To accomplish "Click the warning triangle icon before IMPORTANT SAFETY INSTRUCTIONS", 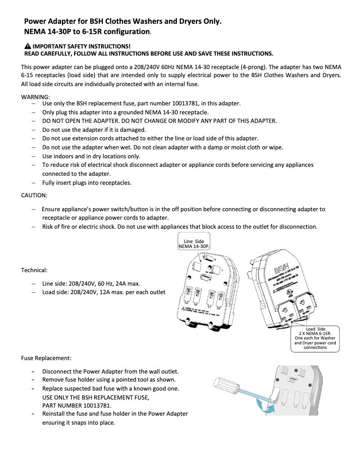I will click(x=28, y=46).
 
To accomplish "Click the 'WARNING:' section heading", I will click(x=35, y=96).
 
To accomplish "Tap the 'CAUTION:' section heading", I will click(x=34, y=195).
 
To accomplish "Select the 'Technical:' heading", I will click(x=34, y=270).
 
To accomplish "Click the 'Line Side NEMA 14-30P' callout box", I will click(x=194, y=243).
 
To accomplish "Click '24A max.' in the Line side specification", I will click(x=127, y=283).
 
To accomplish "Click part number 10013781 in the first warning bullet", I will click(x=163, y=104).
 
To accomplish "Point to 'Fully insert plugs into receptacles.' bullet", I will click(x=87, y=183).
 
